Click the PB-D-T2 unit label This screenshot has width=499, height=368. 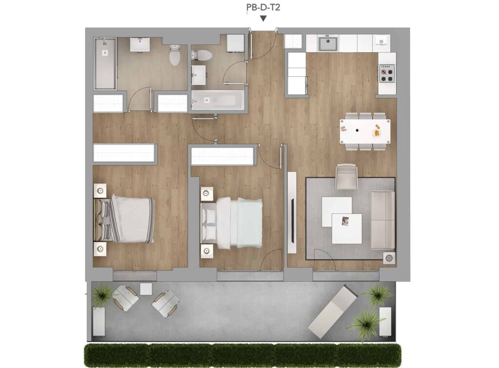[263, 7]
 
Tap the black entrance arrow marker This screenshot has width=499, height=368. [263, 19]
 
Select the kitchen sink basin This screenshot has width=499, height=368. [328, 44]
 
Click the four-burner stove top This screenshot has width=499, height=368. [387, 74]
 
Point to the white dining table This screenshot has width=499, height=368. [365, 131]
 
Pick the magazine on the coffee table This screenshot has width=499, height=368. [345, 221]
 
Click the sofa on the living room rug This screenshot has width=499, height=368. [383, 220]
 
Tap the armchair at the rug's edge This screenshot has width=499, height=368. [347, 177]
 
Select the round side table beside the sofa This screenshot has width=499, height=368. [389, 258]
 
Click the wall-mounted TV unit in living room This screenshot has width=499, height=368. [292, 212]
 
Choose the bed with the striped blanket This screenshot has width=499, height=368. [124, 220]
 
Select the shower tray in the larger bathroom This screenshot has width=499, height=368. [105, 63]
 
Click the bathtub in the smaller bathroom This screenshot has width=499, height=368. [218, 100]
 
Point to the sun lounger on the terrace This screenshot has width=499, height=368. [333, 312]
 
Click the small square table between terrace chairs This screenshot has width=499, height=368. [146, 288]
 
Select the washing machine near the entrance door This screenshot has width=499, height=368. [235, 43]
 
